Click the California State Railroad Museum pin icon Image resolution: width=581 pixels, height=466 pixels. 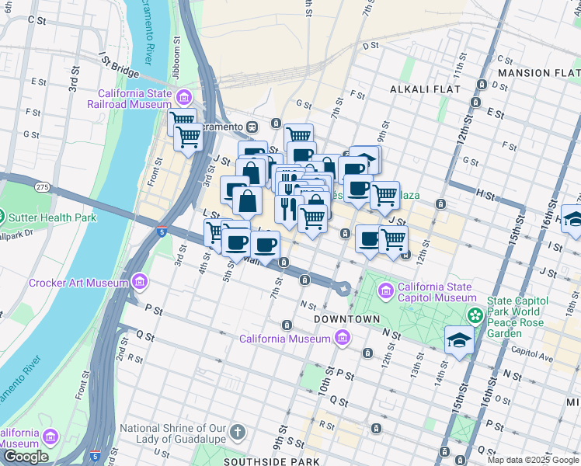point(184,97)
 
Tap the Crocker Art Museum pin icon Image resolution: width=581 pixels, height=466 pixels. point(139,282)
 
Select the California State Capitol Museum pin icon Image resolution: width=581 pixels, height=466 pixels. point(386,291)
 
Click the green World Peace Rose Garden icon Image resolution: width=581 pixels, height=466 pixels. point(475,315)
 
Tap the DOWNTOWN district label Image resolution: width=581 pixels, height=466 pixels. point(347,319)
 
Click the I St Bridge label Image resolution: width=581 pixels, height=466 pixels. point(118,64)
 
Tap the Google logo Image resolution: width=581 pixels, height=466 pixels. point(26,457)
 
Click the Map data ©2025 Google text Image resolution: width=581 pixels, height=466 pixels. point(533,460)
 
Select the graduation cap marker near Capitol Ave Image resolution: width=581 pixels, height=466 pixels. point(459,340)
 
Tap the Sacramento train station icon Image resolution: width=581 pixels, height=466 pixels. point(252,127)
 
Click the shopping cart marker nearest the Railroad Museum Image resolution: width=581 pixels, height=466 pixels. point(182,120)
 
